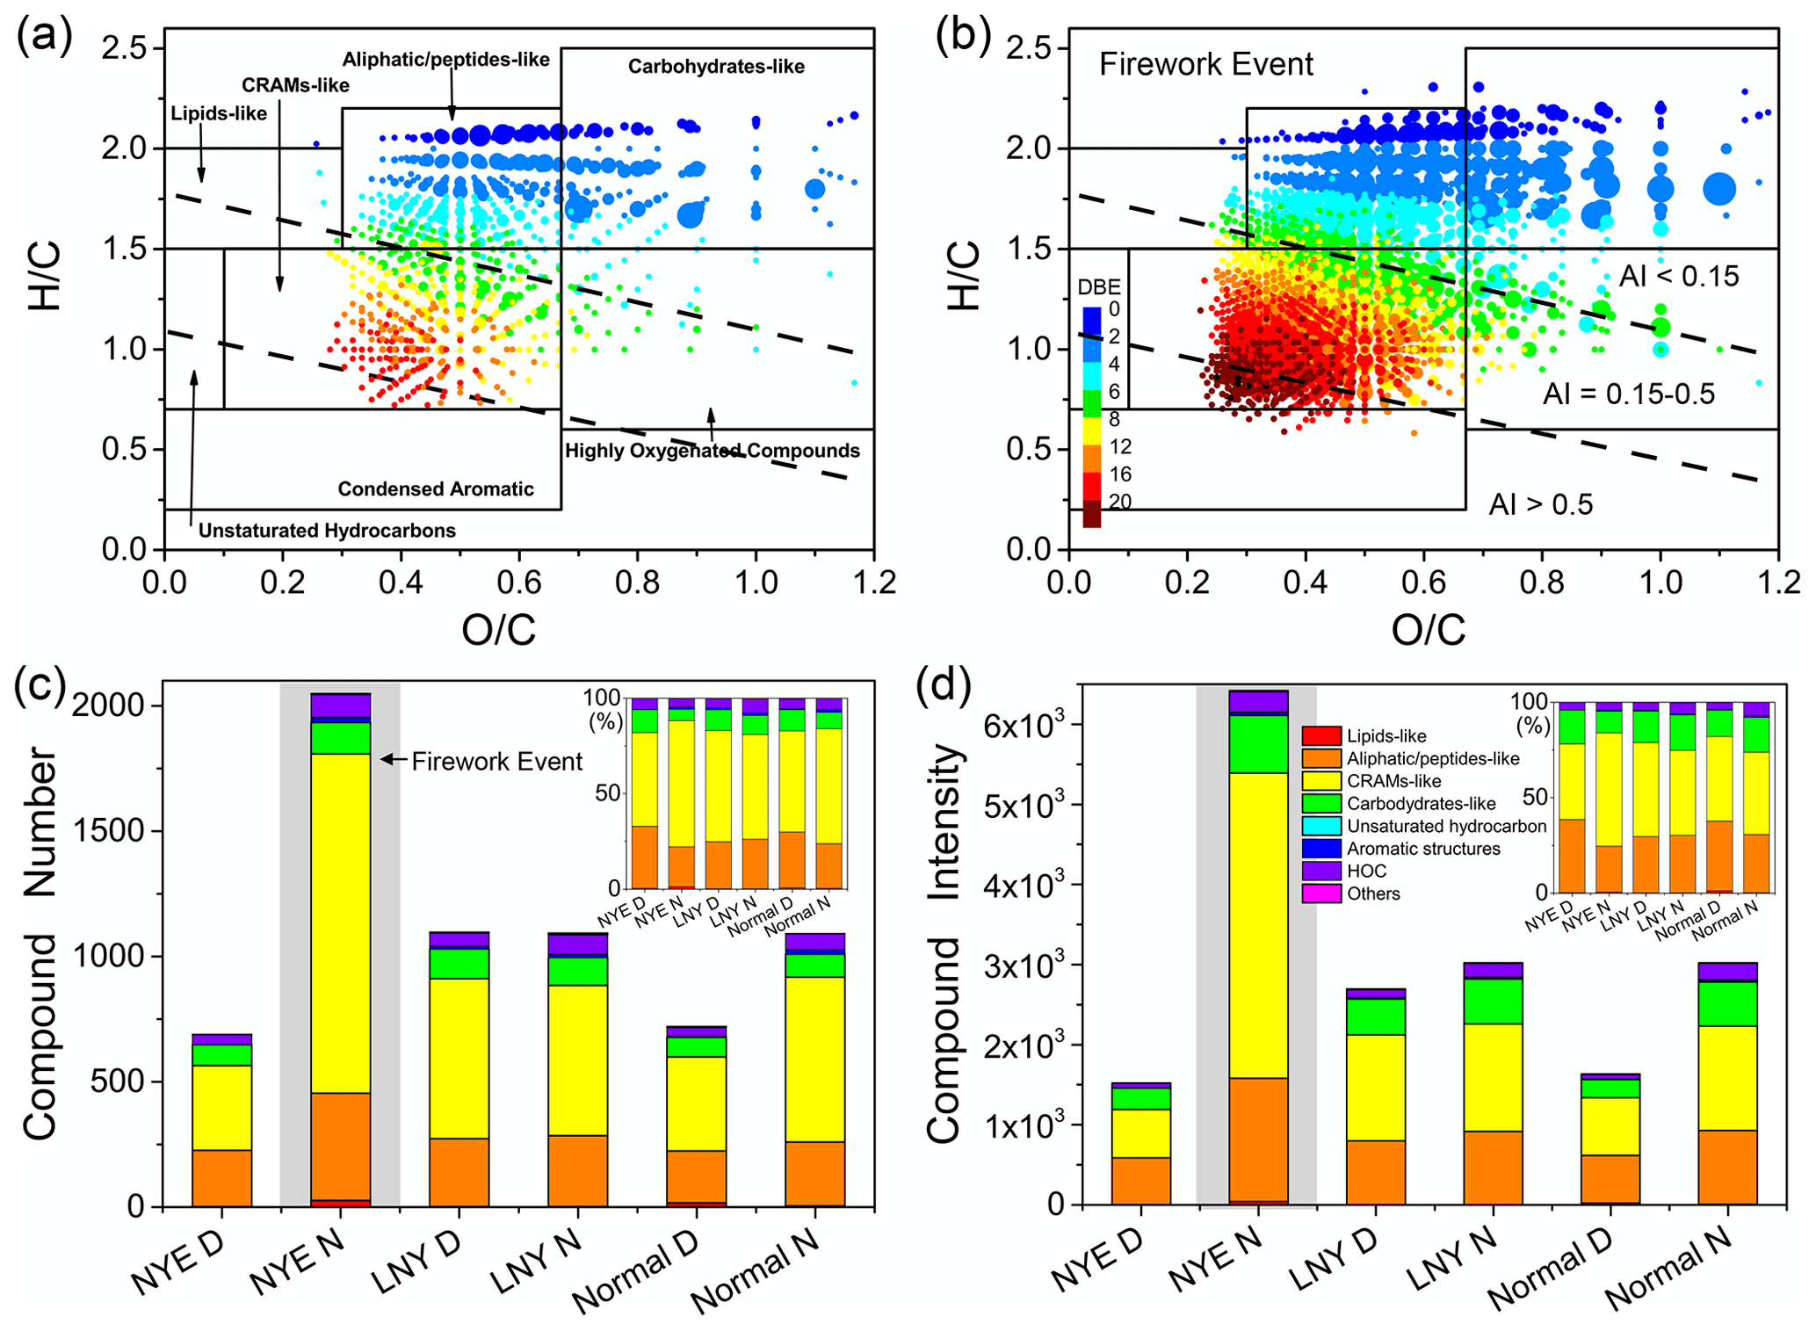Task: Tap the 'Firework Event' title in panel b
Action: pyautogui.click(x=1205, y=64)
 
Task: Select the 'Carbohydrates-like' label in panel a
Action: pyautogui.click(x=716, y=67)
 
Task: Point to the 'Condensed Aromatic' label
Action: pyautogui.click(x=436, y=489)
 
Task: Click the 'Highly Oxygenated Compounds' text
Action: pyautogui.click(x=712, y=451)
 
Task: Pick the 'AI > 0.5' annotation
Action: pyautogui.click(x=1540, y=504)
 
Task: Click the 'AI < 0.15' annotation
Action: pyautogui.click(x=1679, y=277)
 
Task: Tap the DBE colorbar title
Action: pyautogui.click(x=1099, y=288)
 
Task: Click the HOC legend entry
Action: pyautogui.click(x=1366, y=871)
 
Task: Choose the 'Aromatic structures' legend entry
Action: pyautogui.click(x=1423, y=849)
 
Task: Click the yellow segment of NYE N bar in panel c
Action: pyautogui.click(x=340, y=922)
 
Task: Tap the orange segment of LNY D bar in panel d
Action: pyautogui.click(x=1376, y=1172)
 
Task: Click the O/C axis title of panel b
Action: pyautogui.click(x=1428, y=630)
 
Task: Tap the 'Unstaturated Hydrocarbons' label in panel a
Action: pyautogui.click(x=327, y=531)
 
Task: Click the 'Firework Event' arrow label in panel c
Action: pyautogui.click(x=496, y=761)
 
